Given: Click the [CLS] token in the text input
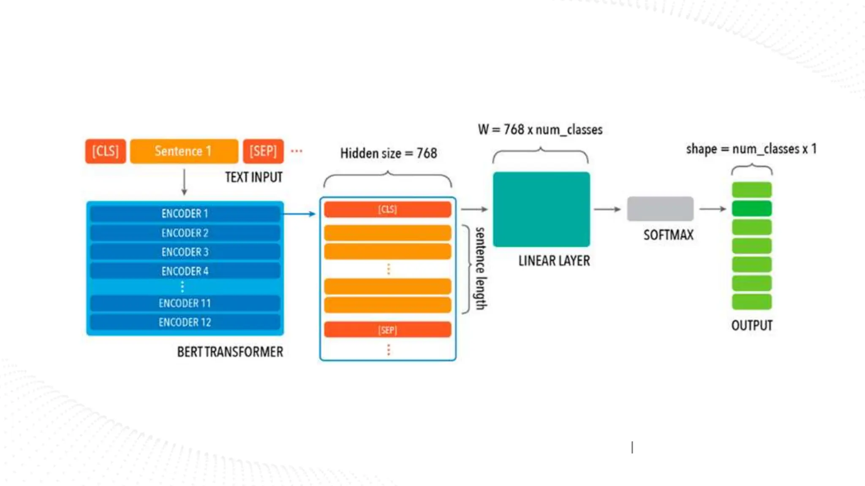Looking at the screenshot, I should click(106, 151).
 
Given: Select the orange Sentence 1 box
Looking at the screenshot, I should click(184, 151).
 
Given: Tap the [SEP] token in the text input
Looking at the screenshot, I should click(263, 151).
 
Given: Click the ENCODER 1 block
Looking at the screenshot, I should click(185, 213).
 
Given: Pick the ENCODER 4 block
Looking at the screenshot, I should click(185, 271).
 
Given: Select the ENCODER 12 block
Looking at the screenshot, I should click(185, 322).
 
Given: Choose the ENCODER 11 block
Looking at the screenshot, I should click(185, 303).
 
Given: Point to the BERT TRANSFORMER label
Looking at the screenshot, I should click(230, 352).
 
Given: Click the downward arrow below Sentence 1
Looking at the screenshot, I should click(184, 182).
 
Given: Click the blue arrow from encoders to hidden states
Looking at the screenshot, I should click(300, 214).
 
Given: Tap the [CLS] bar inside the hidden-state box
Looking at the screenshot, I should click(387, 210).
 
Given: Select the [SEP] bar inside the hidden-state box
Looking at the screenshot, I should click(387, 329).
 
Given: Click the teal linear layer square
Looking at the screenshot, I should click(541, 209).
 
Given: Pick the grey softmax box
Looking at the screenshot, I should click(660, 209).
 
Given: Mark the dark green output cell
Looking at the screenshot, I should click(752, 208).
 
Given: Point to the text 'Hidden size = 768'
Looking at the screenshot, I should click(389, 153).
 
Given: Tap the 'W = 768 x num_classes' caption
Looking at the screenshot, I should click(540, 130).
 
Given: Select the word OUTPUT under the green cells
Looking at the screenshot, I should click(752, 325).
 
